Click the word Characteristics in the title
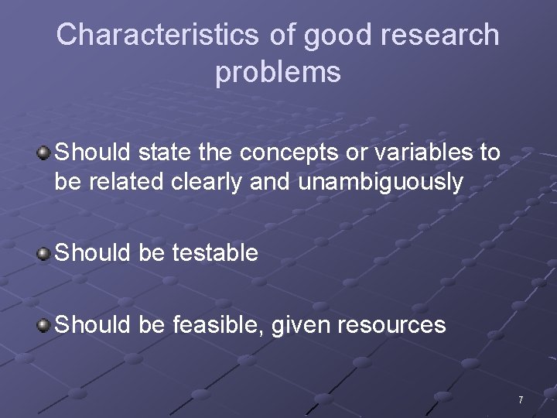click(159, 36)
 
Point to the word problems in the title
click(278, 72)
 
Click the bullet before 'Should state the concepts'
click(45, 152)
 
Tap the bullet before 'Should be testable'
click(45, 253)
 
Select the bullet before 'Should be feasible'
click(45, 324)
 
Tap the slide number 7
click(520, 400)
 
